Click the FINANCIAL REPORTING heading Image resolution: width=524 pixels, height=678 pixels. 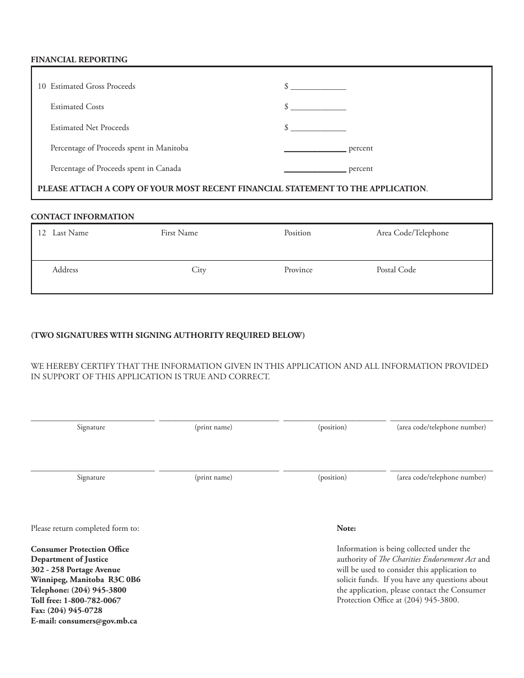79,60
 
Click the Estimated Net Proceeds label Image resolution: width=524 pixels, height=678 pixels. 89,127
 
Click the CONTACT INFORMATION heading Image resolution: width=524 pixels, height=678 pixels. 82,217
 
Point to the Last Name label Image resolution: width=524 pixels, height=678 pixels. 70,233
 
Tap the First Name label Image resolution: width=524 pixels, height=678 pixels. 179,233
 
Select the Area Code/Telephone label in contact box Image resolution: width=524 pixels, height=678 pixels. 413,233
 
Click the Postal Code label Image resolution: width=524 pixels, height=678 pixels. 396,270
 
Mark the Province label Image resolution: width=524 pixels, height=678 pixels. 298,270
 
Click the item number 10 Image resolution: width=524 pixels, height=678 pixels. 42,87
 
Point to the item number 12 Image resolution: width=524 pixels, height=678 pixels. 42,233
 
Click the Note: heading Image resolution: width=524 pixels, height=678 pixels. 346,529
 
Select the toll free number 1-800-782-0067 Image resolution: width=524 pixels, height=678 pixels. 92,600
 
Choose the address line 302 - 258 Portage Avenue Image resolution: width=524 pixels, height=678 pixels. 76,569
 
